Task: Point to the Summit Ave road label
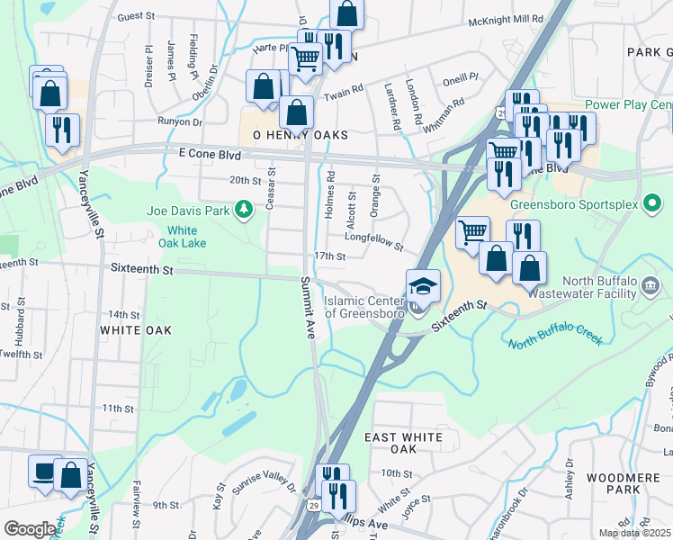pyautogui.click(x=307, y=307)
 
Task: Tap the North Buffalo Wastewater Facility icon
pyautogui.click(x=654, y=287)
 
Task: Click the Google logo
pyautogui.click(x=30, y=529)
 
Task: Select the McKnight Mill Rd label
pyautogui.click(x=505, y=18)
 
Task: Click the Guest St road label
pyautogui.click(x=138, y=16)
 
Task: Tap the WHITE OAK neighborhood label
pyautogui.click(x=135, y=330)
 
